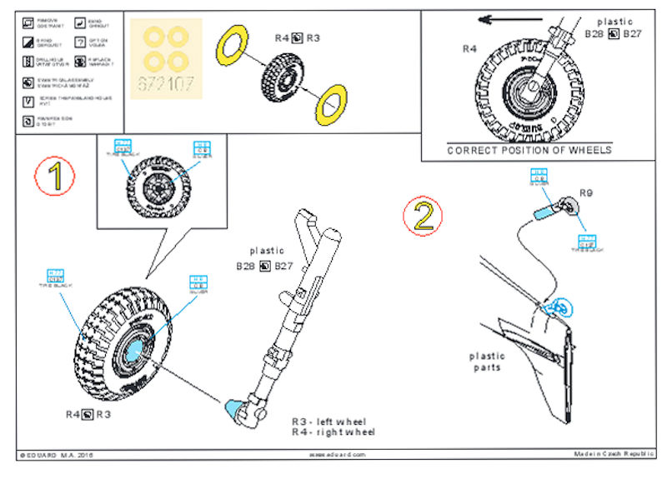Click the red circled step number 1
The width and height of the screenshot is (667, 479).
[x=56, y=176]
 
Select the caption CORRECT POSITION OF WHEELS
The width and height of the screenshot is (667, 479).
[x=529, y=150]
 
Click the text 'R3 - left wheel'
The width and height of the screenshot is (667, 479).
[x=328, y=422]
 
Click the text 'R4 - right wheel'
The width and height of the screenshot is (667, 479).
[x=333, y=432]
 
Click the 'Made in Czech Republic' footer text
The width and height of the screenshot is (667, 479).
[x=614, y=454]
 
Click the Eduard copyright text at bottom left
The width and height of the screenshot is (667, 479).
[x=54, y=455]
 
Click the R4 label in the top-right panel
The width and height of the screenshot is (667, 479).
[x=471, y=49]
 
